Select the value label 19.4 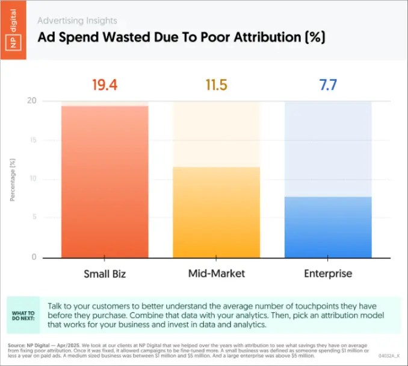click(x=104, y=85)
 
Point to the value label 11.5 click(x=216, y=85)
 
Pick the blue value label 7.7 click(x=327, y=85)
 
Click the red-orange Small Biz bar click(x=104, y=181)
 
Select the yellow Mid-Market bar click(x=216, y=211)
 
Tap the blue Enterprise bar click(x=327, y=226)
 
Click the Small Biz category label click(x=104, y=274)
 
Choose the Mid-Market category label click(x=216, y=274)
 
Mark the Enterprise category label click(x=327, y=274)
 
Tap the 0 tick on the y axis click(x=34, y=257)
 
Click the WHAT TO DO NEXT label click(x=23, y=317)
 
